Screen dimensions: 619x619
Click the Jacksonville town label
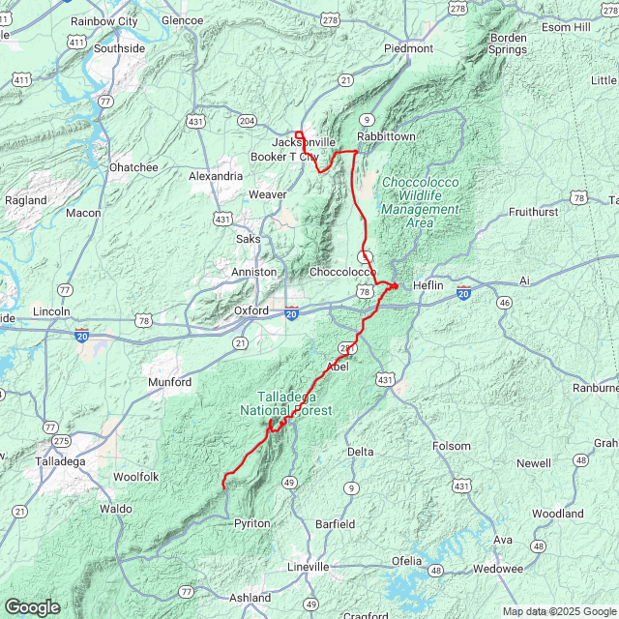[x=303, y=142]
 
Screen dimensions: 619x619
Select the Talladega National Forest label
[x=286, y=404]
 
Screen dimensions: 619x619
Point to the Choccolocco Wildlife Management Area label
[x=421, y=202]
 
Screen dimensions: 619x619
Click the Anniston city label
[x=253, y=272]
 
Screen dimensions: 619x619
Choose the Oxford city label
[x=251, y=310]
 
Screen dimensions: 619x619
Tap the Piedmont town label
[x=408, y=47]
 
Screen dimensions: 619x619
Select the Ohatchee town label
[x=133, y=167]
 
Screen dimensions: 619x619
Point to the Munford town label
[x=169, y=383]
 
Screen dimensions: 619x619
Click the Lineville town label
[x=309, y=566]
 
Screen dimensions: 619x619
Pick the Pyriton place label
[x=251, y=523]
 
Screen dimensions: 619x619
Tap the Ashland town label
[x=250, y=598]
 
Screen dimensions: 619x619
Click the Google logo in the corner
[x=32, y=607]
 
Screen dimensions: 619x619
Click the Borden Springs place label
[x=507, y=44]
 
